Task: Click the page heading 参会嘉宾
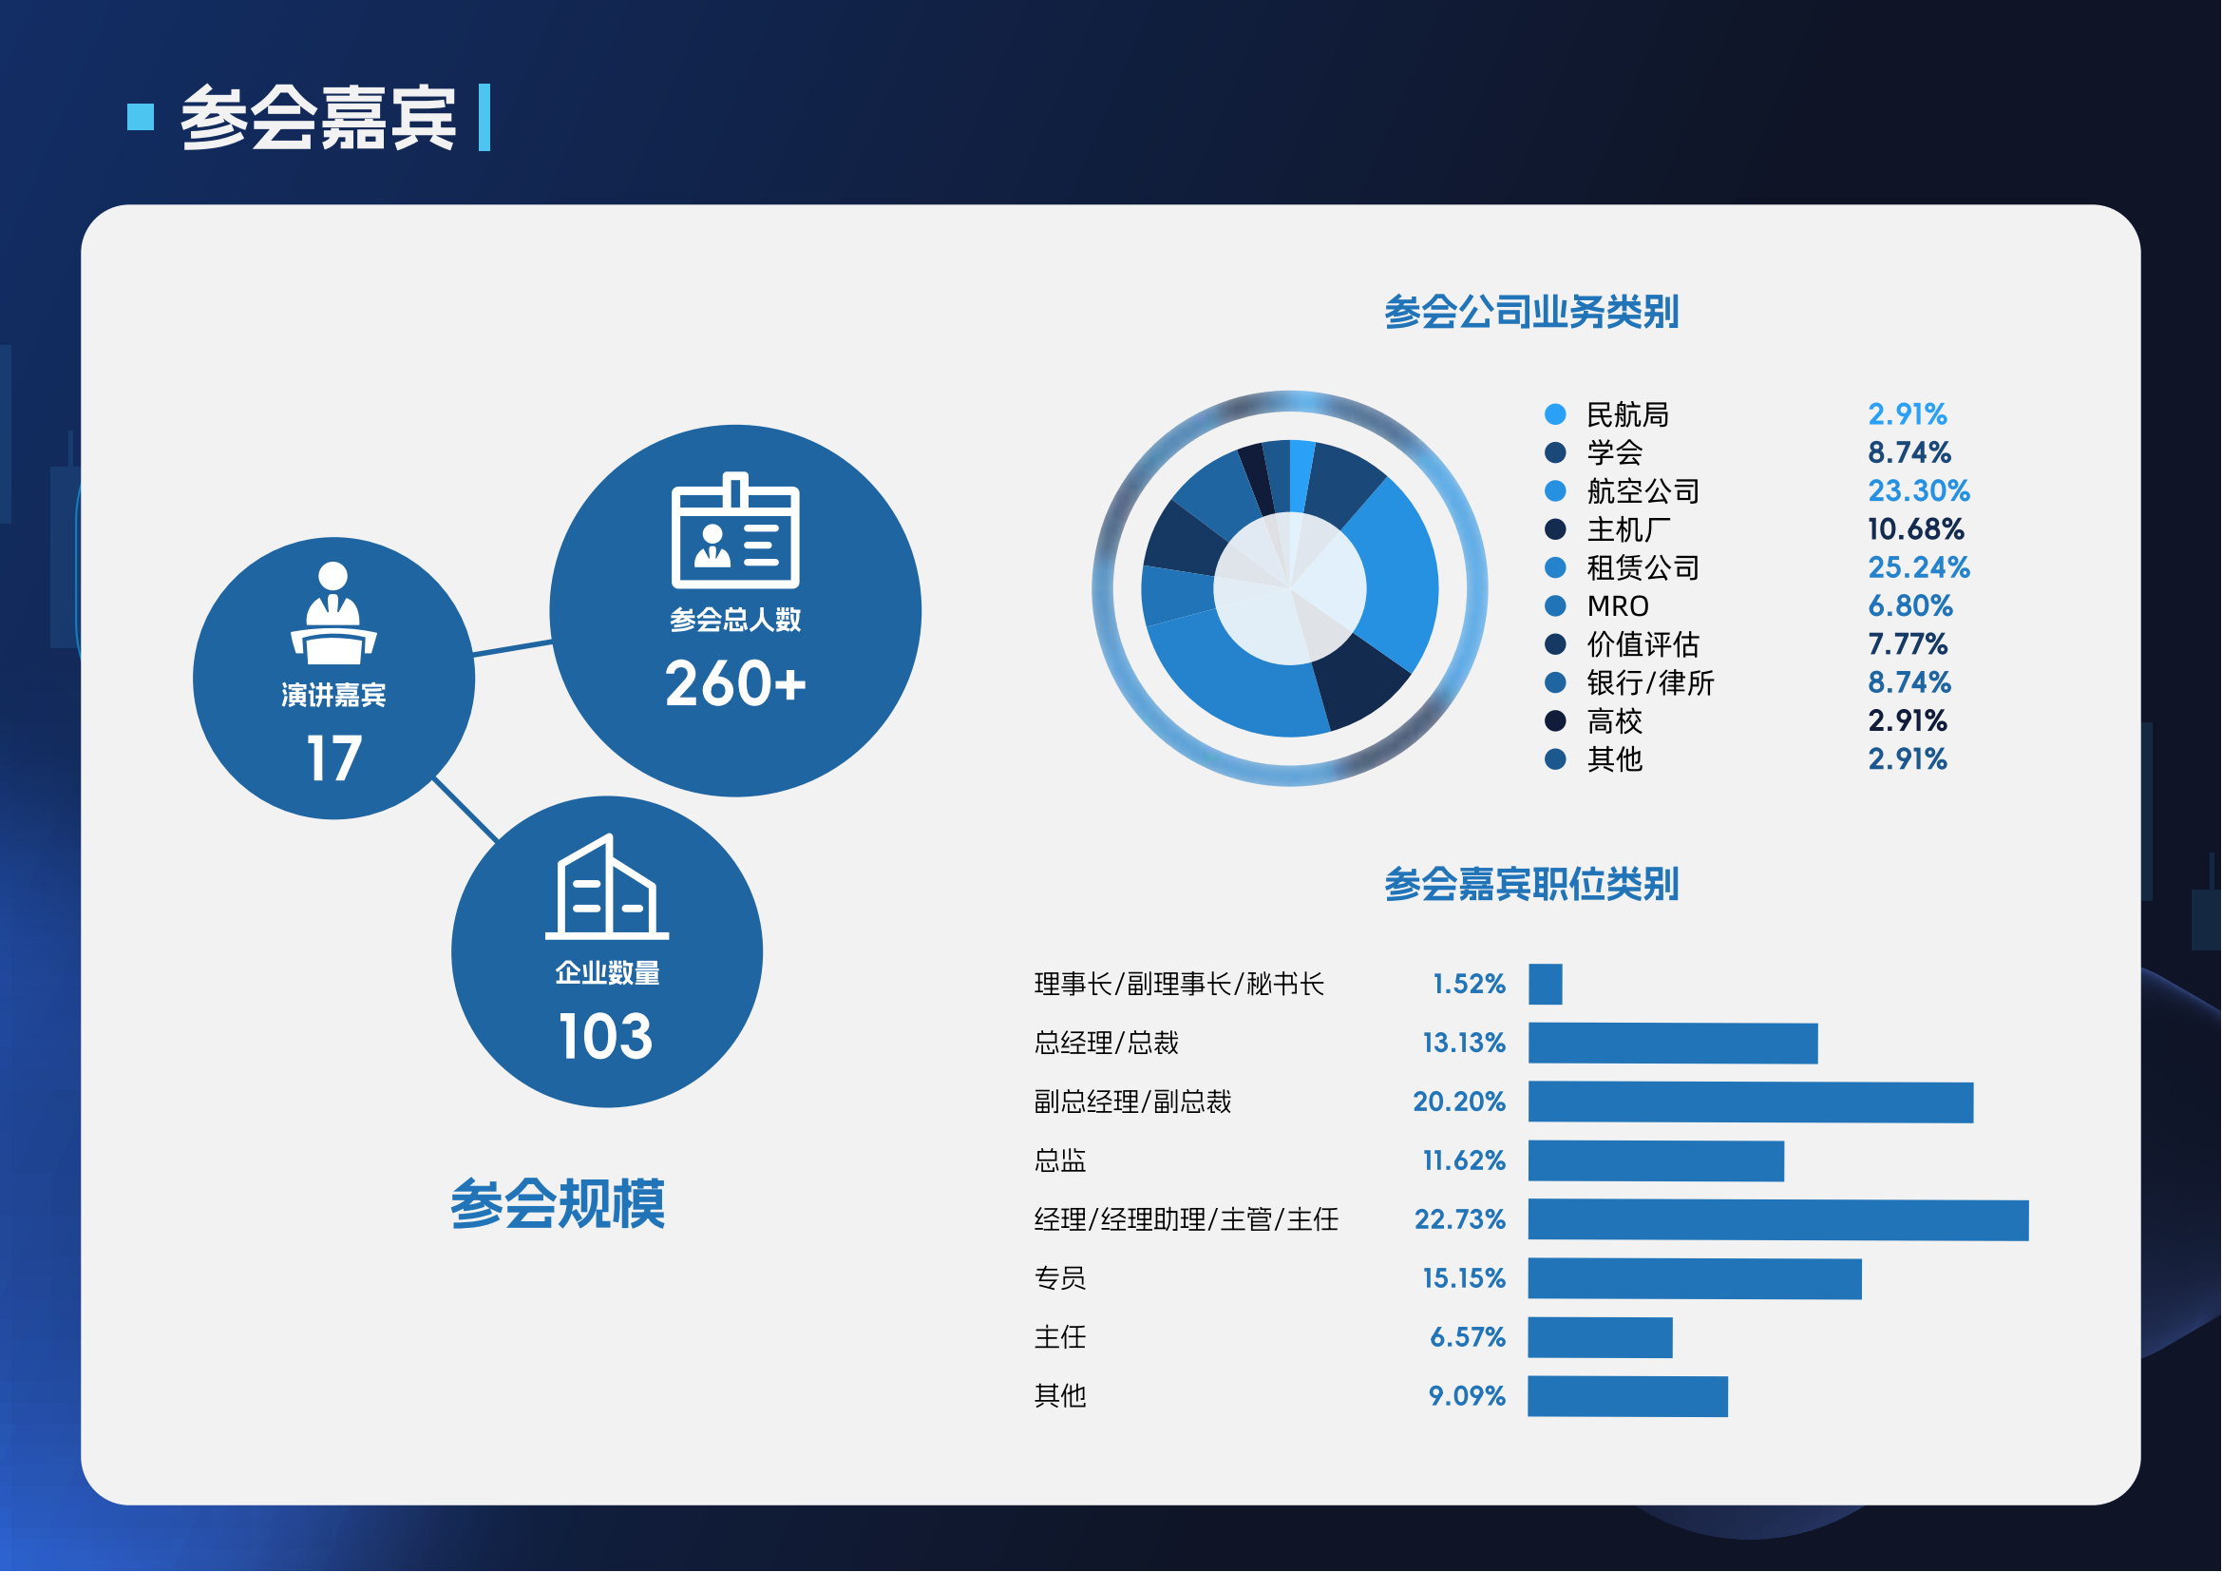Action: [x=318, y=118]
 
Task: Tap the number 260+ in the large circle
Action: [x=735, y=683]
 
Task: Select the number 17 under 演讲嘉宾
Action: [x=333, y=757]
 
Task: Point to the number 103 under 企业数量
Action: [x=606, y=1037]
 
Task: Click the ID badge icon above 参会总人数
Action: [x=735, y=530]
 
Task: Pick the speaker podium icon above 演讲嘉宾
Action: [x=333, y=613]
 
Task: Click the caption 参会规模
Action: [x=558, y=1204]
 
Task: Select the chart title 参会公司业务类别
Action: [x=1531, y=312]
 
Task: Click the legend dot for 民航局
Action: [x=1555, y=414]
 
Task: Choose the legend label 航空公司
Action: [x=1643, y=491]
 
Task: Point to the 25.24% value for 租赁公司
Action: [x=1919, y=567]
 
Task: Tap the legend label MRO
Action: [x=1618, y=607]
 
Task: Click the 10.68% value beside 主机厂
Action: [x=1916, y=529]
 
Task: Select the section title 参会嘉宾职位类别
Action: [x=1531, y=884]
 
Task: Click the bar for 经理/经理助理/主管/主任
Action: [x=1778, y=1220]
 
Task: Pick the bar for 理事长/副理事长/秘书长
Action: [x=1546, y=986]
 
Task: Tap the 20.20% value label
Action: [x=1459, y=1102]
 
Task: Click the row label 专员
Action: [x=1061, y=1278]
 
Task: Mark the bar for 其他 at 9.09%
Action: [x=1628, y=1397]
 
